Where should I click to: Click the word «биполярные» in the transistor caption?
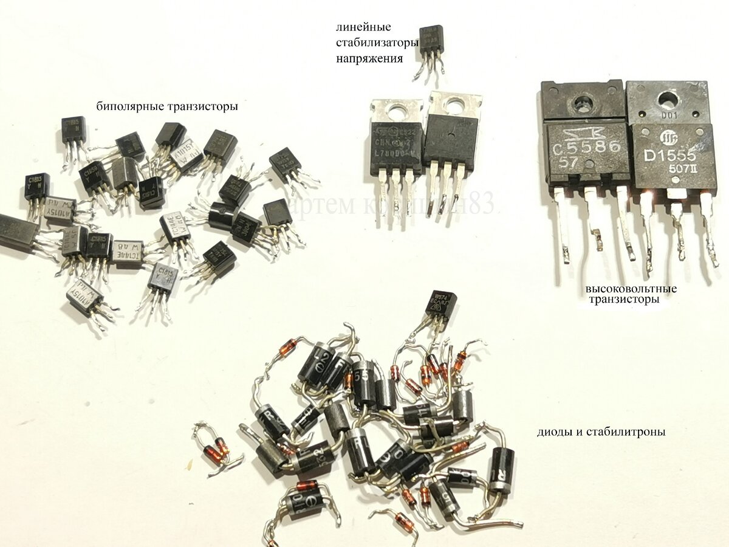click(125, 107)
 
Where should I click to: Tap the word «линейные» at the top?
click(363, 28)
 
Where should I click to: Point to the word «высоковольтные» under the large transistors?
click(631, 289)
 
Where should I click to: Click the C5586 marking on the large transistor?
click(587, 148)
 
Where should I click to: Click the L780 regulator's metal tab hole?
click(397, 111)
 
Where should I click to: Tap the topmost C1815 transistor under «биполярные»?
click(73, 128)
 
